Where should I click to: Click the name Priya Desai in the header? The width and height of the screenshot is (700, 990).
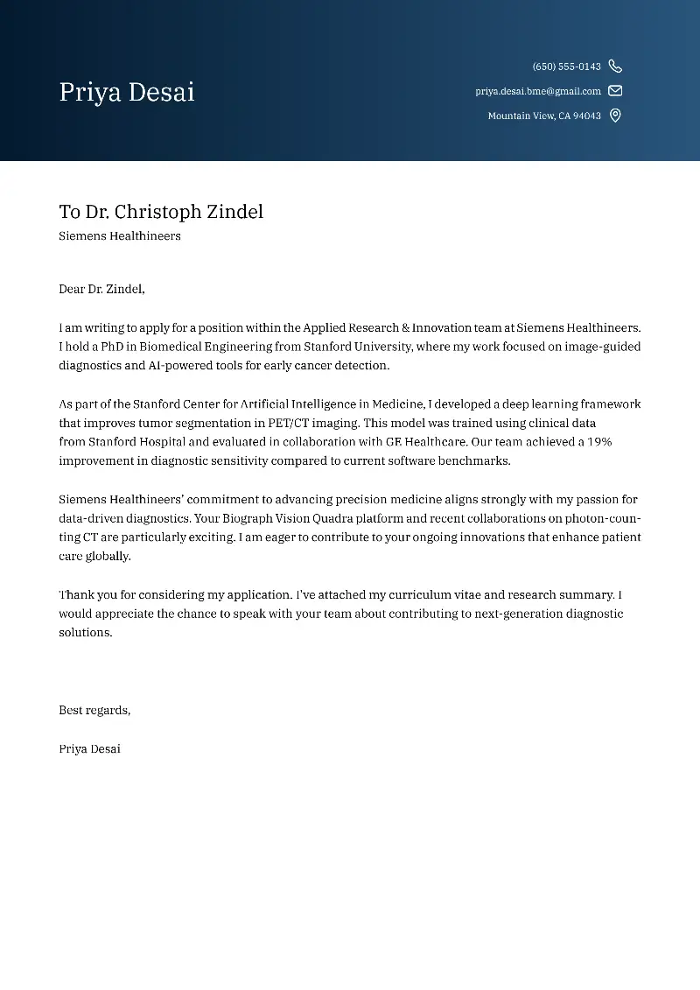tap(127, 92)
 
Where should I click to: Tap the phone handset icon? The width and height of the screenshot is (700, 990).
tap(615, 67)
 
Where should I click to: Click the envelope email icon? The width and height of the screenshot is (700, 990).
tap(615, 91)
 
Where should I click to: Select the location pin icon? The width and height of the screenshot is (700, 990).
tap(615, 116)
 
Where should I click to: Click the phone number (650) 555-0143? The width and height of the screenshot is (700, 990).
tap(566, 67)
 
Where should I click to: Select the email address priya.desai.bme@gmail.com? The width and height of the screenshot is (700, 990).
tap(538, 91)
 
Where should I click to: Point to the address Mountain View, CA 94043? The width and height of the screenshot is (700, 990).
tap(544, 116)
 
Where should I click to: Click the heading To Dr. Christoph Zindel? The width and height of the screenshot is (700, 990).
tap(161, 212)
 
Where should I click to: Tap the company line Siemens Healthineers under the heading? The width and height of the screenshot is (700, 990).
tap(120, 236)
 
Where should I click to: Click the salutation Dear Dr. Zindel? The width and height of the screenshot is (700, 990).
tap(101, 289)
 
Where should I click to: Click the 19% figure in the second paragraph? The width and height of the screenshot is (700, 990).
tap(599, 442)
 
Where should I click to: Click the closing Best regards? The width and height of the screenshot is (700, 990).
tap(94, 710)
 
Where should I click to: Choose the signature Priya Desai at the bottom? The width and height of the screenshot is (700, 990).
tap(89, 748)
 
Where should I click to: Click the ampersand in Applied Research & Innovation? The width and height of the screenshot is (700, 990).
tap(405, 327)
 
